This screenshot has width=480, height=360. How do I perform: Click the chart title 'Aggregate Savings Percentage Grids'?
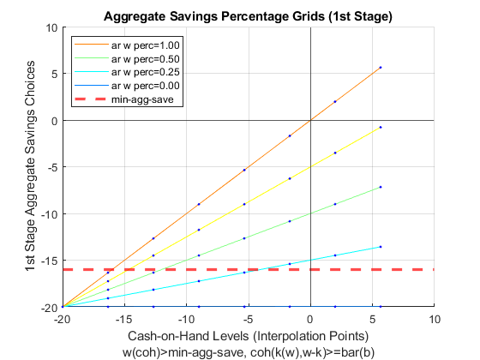214,16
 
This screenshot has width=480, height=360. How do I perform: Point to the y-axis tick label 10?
51,28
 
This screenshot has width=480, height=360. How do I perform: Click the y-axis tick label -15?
50,261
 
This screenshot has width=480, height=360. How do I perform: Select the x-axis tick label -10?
186,320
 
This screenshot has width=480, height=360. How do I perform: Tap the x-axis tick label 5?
372,320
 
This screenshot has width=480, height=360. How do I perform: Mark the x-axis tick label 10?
435,320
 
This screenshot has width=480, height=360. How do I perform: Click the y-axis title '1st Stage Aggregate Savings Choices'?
30,166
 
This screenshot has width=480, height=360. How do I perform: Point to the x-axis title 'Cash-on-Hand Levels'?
189,336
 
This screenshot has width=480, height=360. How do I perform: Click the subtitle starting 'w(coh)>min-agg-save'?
249,352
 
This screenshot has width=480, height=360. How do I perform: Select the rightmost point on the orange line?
381,68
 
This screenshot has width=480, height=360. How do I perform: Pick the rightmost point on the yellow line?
381,127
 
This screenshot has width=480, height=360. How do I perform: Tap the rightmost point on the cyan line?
381,247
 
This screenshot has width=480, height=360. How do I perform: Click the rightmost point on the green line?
381,187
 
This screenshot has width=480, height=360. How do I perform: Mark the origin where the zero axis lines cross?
310,120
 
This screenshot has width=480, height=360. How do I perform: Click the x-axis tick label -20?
62,320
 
